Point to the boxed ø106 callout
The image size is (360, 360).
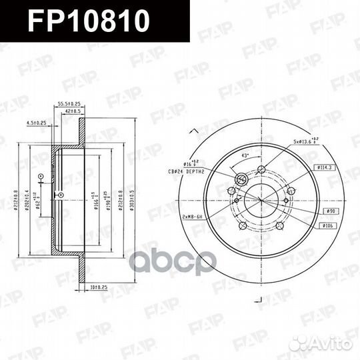(329, 227)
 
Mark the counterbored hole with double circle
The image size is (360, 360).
(241, 179)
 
